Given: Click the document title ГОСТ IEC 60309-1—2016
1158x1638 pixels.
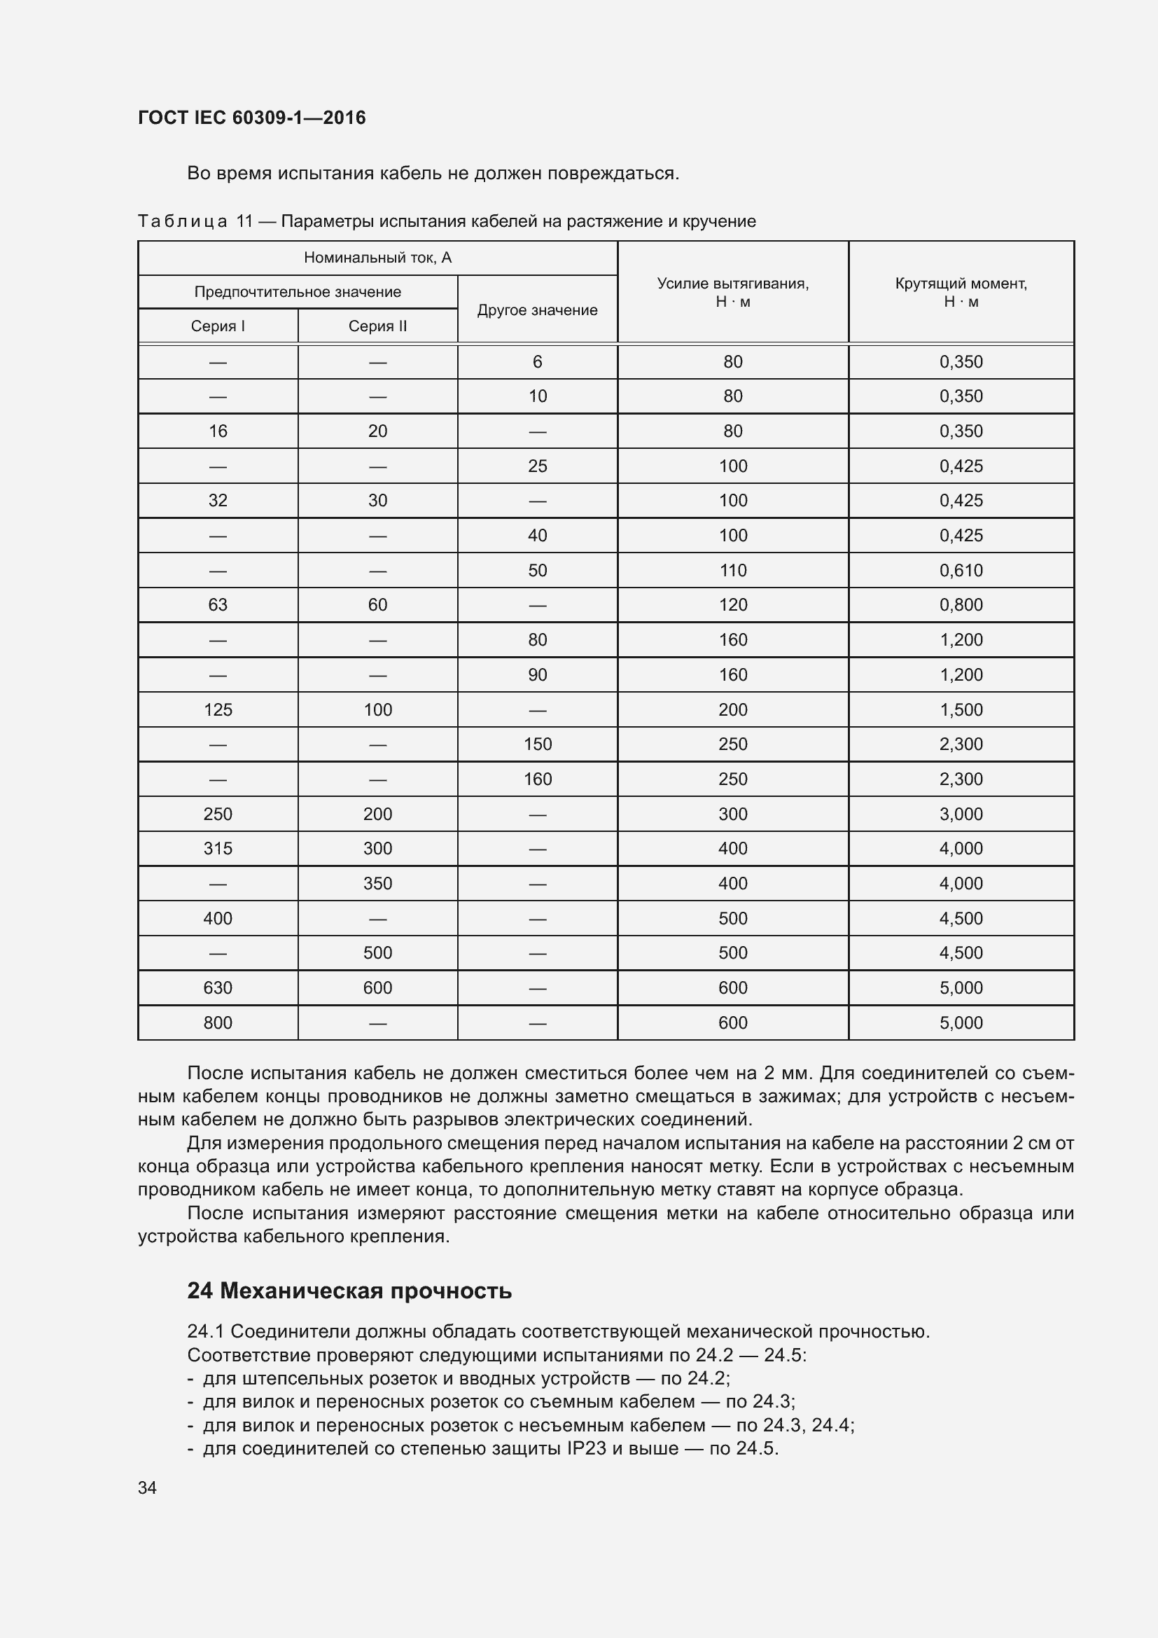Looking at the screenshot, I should coord(252,118).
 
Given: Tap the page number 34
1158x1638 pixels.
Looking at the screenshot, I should coord(147,1487).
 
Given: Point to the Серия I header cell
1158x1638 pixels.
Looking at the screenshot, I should coord(218,326).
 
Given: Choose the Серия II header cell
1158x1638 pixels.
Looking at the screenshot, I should coord(377,326).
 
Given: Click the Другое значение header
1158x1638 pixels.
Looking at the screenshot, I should coord(537,310).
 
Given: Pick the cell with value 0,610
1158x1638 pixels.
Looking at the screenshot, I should coord(961,570).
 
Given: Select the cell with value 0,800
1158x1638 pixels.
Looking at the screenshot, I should coord(961,605).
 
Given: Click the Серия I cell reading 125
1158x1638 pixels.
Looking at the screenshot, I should coord(218,710).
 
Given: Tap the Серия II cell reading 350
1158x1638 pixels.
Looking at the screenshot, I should coord(377,883).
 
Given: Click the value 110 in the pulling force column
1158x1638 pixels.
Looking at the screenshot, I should coord(732,570).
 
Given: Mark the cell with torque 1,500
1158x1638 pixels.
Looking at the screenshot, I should coord(961,710).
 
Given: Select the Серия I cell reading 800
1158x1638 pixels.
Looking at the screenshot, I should coord(218,1022).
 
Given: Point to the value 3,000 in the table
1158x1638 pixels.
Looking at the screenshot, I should coord(961,814).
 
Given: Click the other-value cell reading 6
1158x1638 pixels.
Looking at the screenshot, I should coord(537,361).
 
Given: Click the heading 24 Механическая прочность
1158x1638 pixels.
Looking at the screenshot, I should coord(349,1291).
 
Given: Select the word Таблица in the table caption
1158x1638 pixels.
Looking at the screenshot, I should coord(183,222).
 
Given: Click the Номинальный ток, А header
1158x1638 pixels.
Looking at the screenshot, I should coord(377,258).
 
